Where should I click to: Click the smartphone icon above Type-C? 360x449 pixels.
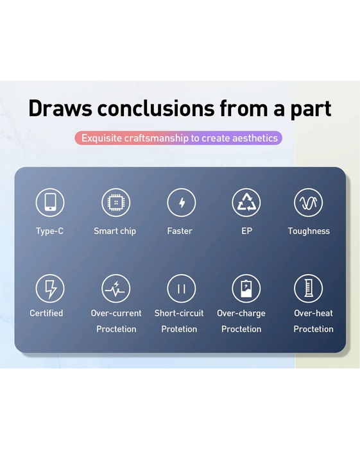pyautogui.click(x=50, y=202)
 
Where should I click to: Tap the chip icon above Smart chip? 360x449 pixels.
pyautogui.click(x=116, y=202)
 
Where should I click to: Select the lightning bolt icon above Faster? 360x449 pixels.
pyautogui.click(x=182, y=202)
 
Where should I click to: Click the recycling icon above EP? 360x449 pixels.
pyautogui.click(x=246, y=202)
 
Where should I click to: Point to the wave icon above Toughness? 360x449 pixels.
pyautogui.click(x=308, y=202)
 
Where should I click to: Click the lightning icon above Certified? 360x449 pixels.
pyautogui.click(x=50, y=289)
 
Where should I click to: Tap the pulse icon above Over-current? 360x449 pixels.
pyautogui.click(x=116, y=289)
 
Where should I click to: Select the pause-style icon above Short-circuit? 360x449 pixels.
pyautogui.click(x=182, y=289)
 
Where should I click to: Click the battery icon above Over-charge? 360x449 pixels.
pyautogui.click(x=246, y=289)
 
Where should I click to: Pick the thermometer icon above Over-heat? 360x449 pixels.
pyautogui.click(x=308, y=289)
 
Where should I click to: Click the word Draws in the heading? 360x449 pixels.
pyautogui.click(x=60, y=108)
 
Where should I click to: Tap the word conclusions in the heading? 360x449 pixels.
pyautogui.click(x=156, y=108)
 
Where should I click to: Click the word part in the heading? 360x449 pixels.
pyautogui.click(x=311, y=110)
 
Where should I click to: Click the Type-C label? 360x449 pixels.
pyautogui.click(x=49, y=231)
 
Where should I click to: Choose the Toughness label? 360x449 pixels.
pyautogui.click(x=309, y=231)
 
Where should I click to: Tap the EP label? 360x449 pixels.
pyautogui.click(x=246, y=231)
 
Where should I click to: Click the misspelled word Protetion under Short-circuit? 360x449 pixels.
pyautogui.click(x=179, y=329)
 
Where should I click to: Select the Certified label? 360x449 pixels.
pyautogui.click(x=46, y=313)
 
